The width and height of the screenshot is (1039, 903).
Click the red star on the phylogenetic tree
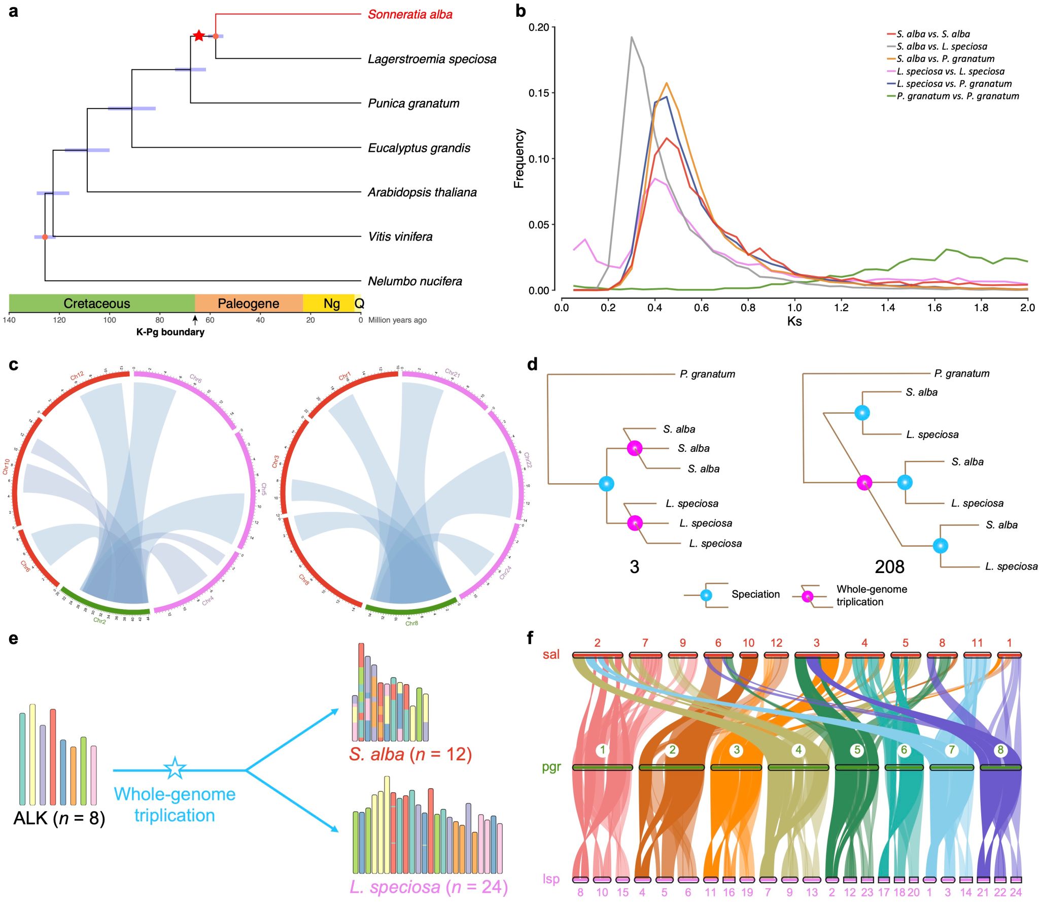click(x=199, y=36)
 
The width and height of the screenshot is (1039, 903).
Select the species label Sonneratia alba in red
click(x=410, y=14)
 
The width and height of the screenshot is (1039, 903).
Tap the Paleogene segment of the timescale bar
click(x=248, y=304)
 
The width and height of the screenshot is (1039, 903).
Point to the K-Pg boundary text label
click(x=170, y=332)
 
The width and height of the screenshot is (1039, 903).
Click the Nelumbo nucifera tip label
click(x=414, y=281)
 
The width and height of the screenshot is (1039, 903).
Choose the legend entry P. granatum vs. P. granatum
click(x=957, y=96)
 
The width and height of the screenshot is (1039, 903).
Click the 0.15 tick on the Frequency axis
click(x=539, y=93)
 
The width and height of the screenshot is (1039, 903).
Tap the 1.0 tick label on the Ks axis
click(x=794, y=308)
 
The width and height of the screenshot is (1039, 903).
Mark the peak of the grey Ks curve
click(x=632, y=37)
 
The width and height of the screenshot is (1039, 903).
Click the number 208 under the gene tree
click(x=889, y=567)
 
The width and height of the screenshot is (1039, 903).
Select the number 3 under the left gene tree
click(x=634, y=567)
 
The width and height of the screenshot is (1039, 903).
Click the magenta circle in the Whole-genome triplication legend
click(x=807, y=596)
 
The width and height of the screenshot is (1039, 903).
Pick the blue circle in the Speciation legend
click(x=706, y=595)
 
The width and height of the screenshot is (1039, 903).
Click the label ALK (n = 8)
click(x=59, y=818)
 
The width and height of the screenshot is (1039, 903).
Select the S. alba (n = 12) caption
click(x=410, y=754)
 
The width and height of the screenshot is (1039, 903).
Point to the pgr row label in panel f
click(x=551, y=766)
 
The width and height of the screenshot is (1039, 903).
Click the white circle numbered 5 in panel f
click(x=857, y=750)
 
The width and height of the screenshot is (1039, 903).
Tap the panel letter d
click(x=532, y=364)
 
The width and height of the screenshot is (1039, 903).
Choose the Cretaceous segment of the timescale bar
click(x=97, y=304)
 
